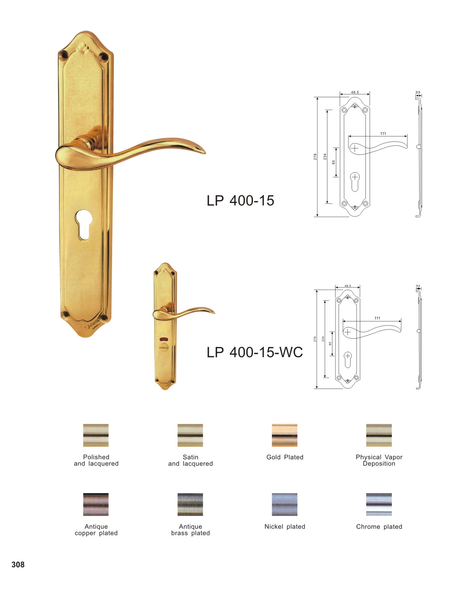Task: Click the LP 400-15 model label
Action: [x=240, y=200]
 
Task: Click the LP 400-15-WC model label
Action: [x=255, y=352]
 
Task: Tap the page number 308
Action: [x=18, y=564]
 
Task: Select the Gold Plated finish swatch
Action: [x=284, y=435]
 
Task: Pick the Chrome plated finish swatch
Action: [x=378, y=504]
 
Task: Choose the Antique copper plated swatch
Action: [x=96, y=504]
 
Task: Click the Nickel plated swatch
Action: [x=284, y=504]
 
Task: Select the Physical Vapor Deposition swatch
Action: [x=378, y=435]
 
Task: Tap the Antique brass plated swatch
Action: [x=190, y=504]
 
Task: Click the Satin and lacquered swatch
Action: [x=190, y=435]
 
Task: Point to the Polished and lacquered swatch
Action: [x=96, y=435]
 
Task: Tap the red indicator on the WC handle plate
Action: [x=164, y=339]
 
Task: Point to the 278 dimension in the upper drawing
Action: [x=315, y=157]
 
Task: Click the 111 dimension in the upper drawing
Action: [x=383, y=133]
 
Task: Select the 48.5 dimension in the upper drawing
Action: [x=355, y=92]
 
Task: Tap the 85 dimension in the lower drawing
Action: [x=330, y=344]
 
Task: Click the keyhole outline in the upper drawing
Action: [x=355, y=182]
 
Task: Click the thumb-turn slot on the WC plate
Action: [x=164, y=346]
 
